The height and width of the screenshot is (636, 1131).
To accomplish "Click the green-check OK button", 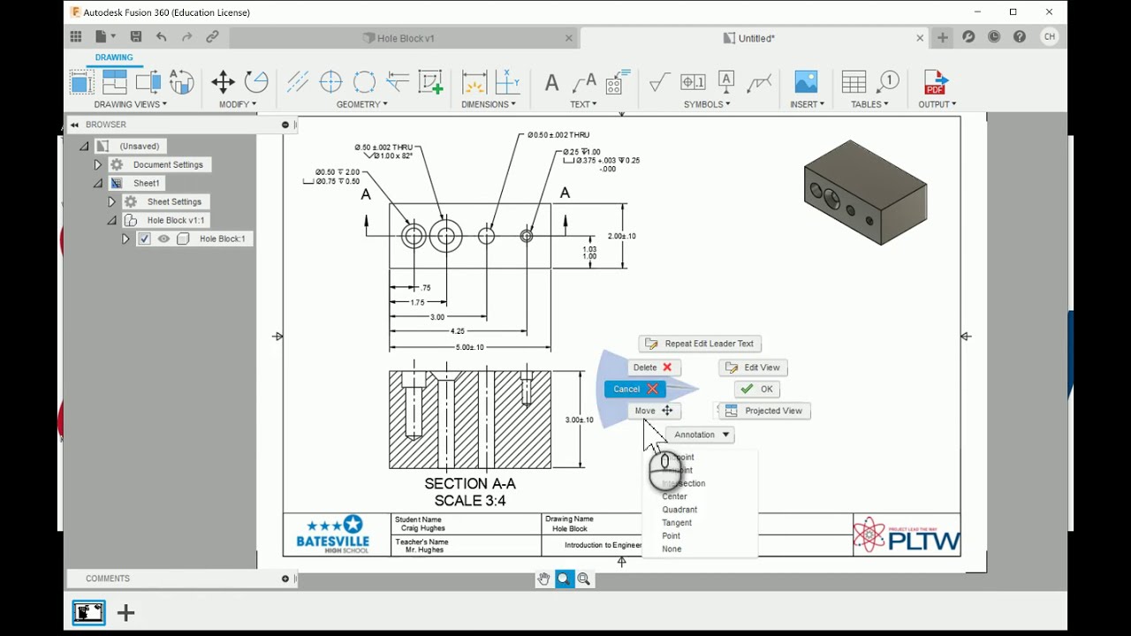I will (x=757, y=389).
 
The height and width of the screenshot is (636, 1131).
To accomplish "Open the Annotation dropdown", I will (x=702, y=435).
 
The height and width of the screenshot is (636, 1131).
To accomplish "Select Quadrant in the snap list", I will (x=679, y=510).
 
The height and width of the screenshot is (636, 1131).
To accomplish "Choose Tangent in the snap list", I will (x=677, y=523).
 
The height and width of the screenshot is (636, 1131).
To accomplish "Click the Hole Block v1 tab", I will (x=405, y=38).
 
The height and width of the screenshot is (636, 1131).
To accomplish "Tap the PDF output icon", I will (x=935, y=83).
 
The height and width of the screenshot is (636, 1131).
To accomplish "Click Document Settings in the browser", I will (x=167, y=165).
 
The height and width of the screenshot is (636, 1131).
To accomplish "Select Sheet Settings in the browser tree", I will (x=173, y=202).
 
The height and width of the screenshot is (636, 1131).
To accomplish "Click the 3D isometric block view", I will (x=864, y=193).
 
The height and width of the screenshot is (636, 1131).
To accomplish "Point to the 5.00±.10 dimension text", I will (x=469, y=347).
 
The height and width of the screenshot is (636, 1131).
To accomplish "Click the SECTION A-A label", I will (x=469, y=484).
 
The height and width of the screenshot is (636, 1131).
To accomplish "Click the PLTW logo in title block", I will (x=907, y=535).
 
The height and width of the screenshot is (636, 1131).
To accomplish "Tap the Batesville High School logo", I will (x=333, y=534).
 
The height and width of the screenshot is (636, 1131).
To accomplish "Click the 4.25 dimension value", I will (x=457, y=331).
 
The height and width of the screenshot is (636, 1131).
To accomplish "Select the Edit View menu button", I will (x=754, y=367).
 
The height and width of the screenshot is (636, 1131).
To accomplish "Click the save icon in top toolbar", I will (x=136, y=37).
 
